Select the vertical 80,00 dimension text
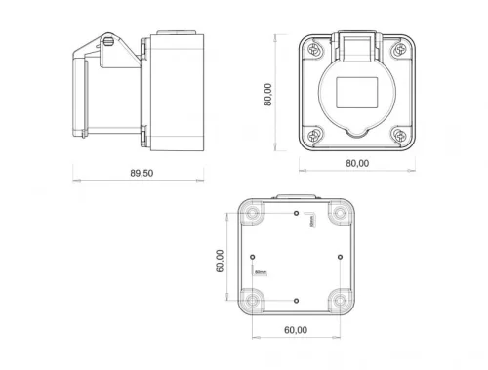(x=268, y=94)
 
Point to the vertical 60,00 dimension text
(x=220, y=261)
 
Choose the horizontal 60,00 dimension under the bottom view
(x=296, y=330)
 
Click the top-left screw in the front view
(x=313, y=49)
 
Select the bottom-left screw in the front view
(x=313, y=135)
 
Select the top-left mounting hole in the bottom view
(x=253, y=213)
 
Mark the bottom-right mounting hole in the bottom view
(x=339, y=299)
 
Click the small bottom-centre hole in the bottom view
(x=296, y=299)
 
